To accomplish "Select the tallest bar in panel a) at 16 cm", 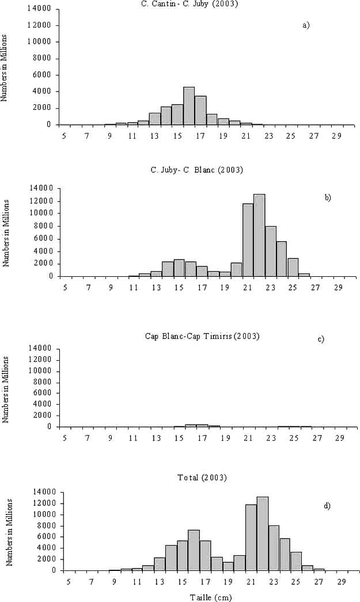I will pos(188,106).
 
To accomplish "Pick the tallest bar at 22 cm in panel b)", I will pos(259,235).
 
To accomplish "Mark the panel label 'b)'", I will pos(327,197).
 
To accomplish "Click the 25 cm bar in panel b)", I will pos(293,267).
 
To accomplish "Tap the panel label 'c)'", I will pos(321,339).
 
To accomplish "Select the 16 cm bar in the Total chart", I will pos(194,550).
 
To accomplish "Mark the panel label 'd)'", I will pos(327,506).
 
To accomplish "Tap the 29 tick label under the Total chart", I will pos(342,582).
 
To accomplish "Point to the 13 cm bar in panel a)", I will pos(154,119).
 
